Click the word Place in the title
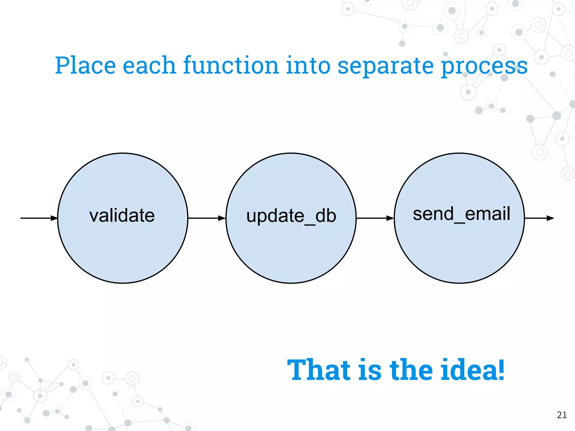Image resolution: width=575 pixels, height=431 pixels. coord(85,66)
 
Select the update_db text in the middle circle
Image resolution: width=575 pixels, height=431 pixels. coord(291,216)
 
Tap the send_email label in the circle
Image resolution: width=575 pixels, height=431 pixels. coord(461,214)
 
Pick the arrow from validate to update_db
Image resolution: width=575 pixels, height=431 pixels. coord(207,218)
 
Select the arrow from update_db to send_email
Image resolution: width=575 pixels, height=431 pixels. coord(375,218)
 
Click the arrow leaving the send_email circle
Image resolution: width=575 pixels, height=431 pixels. coord(539,218)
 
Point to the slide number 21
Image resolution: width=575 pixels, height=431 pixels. coord(562,415)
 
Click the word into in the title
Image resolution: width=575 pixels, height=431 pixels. coord(308,66)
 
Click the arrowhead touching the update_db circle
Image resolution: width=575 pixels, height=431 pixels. coord(222,218)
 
